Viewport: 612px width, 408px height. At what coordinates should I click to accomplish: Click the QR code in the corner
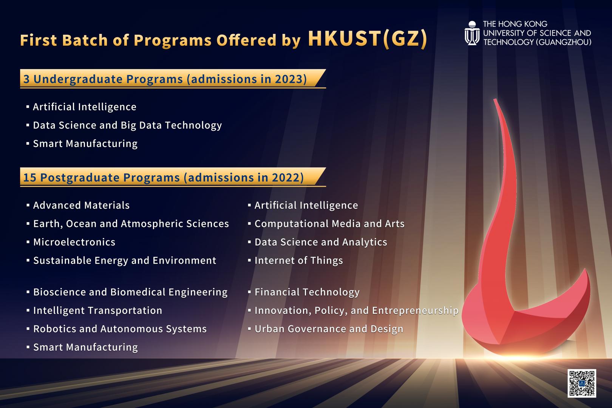pos(581,383)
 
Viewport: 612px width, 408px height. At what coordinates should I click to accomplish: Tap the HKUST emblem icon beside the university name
pos(472,33)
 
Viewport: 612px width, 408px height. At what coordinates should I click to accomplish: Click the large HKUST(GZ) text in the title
pos(368,39)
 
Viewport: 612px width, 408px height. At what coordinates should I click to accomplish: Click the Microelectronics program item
pos(74,242)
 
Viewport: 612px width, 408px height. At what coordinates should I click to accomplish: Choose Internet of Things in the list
pos(298,260)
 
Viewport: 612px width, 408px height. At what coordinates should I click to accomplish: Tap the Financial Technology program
pos(307,292)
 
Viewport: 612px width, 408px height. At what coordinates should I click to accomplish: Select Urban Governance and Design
pos(329,329)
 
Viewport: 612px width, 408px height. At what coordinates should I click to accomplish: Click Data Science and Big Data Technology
pos(127,125)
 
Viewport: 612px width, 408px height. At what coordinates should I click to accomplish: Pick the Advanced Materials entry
pos(81,205)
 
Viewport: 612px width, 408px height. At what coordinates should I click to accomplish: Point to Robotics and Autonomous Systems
pos(120,329)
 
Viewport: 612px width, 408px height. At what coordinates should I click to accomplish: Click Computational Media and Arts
pos(329,224)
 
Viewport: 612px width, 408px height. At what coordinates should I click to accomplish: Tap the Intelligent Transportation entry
pos(97,311)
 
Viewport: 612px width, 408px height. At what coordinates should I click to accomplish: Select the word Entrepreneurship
pos(415,311)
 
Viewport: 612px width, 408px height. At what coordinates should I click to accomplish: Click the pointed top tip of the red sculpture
pos(495,100)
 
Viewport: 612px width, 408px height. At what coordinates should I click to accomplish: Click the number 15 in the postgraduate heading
pos(30,177)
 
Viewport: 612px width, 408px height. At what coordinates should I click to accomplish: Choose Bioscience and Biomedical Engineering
pos(130,292)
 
